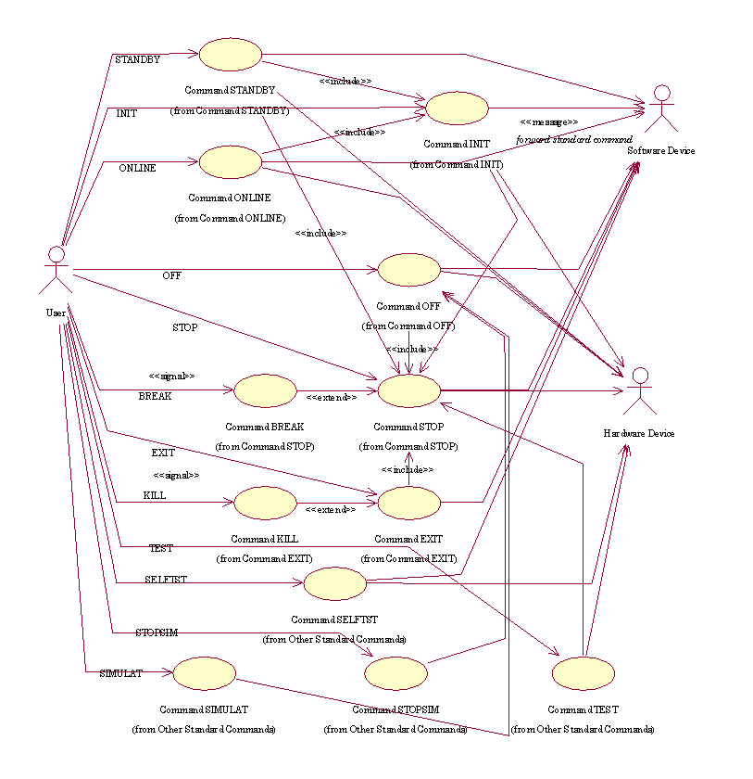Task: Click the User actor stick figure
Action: tap(56, 270)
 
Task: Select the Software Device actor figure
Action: tap(660, 108)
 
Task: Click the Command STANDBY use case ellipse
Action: tap(231, 55)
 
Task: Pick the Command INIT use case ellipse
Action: tap(457, 108)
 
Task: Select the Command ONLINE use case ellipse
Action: tap(230, 161)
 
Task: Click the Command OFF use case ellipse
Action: tap(408, 270)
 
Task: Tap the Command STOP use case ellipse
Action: tap(408, 391)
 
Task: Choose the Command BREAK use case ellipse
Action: tap(265, 391)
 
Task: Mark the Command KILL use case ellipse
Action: tap(265, 503)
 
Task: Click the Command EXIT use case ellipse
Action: tap(408, 503)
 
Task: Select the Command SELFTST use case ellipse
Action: tap(335, 583)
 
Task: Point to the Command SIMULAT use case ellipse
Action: tap(204, 673)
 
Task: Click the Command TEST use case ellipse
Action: tap(584, 673)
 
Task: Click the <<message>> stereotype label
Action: tap(549, 121)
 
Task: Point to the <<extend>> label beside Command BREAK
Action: tap(332, 397)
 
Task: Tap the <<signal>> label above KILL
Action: tap(176, 475)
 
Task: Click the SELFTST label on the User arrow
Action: tap(166, 579)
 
